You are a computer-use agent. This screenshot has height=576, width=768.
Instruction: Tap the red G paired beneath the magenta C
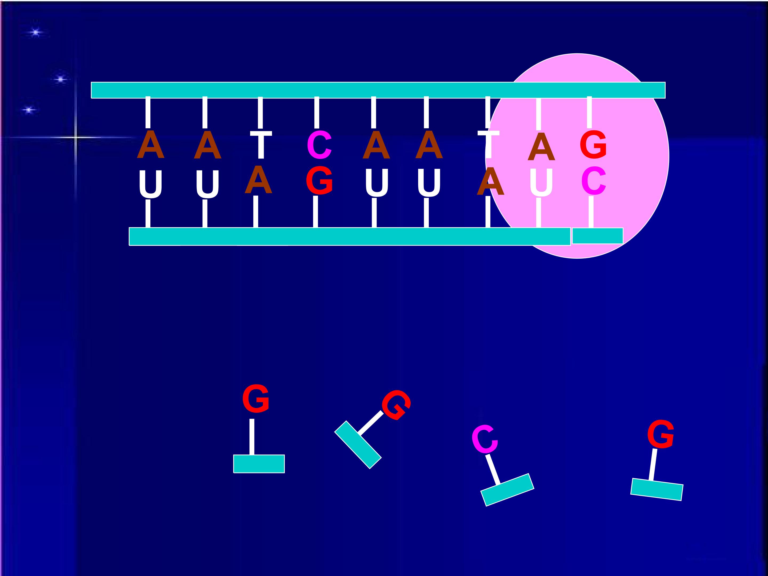coord(319,181)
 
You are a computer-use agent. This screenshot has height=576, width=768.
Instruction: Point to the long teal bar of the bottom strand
coord(350,237)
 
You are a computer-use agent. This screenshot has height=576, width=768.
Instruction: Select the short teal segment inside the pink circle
coord(598,236)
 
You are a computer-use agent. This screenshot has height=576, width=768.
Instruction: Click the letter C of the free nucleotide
coord(485,439)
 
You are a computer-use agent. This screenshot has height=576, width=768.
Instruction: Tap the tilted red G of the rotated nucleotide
coord(396,405)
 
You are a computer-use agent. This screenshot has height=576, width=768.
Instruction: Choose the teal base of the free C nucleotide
coord(507,490)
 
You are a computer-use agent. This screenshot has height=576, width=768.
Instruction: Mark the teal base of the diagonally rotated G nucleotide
coord(358,445)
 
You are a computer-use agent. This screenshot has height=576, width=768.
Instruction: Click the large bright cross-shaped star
coord(76,138)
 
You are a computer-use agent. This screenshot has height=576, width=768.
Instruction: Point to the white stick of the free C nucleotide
coord(493,469)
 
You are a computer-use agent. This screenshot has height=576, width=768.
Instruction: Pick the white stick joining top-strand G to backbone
coord(589,112)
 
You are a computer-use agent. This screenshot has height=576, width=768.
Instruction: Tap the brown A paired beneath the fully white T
coord(258,179)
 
